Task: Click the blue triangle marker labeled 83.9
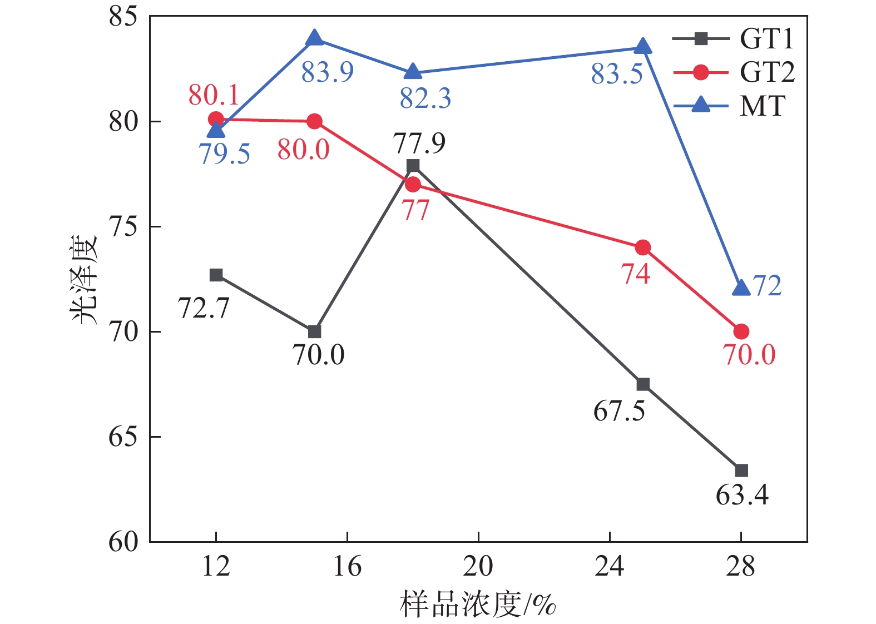coord(314,38)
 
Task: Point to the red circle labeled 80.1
coord(216,119)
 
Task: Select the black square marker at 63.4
coord(741,471)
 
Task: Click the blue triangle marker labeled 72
coord(741,288)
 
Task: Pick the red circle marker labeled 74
coord(642,247)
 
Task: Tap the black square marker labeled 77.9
coord(413,166)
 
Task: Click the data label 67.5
coord(619,412)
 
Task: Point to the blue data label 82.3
coord(425,98)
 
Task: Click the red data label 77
coord(415,210)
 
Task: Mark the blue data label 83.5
coord(617,74)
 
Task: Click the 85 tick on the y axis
coord(123,17)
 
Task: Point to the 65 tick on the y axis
coord(123,437)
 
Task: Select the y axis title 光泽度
coord(85,280)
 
